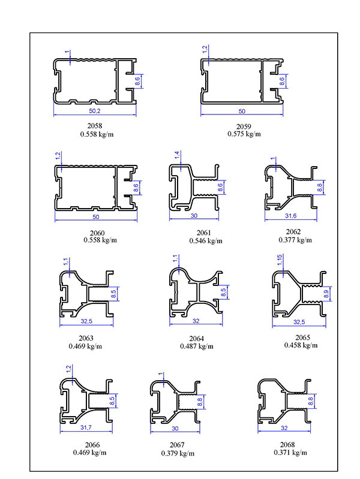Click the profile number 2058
(95, 126)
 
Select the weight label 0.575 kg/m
(244, 134)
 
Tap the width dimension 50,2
(95, 112)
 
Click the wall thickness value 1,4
(177, 155)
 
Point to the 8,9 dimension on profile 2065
(326, 294)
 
